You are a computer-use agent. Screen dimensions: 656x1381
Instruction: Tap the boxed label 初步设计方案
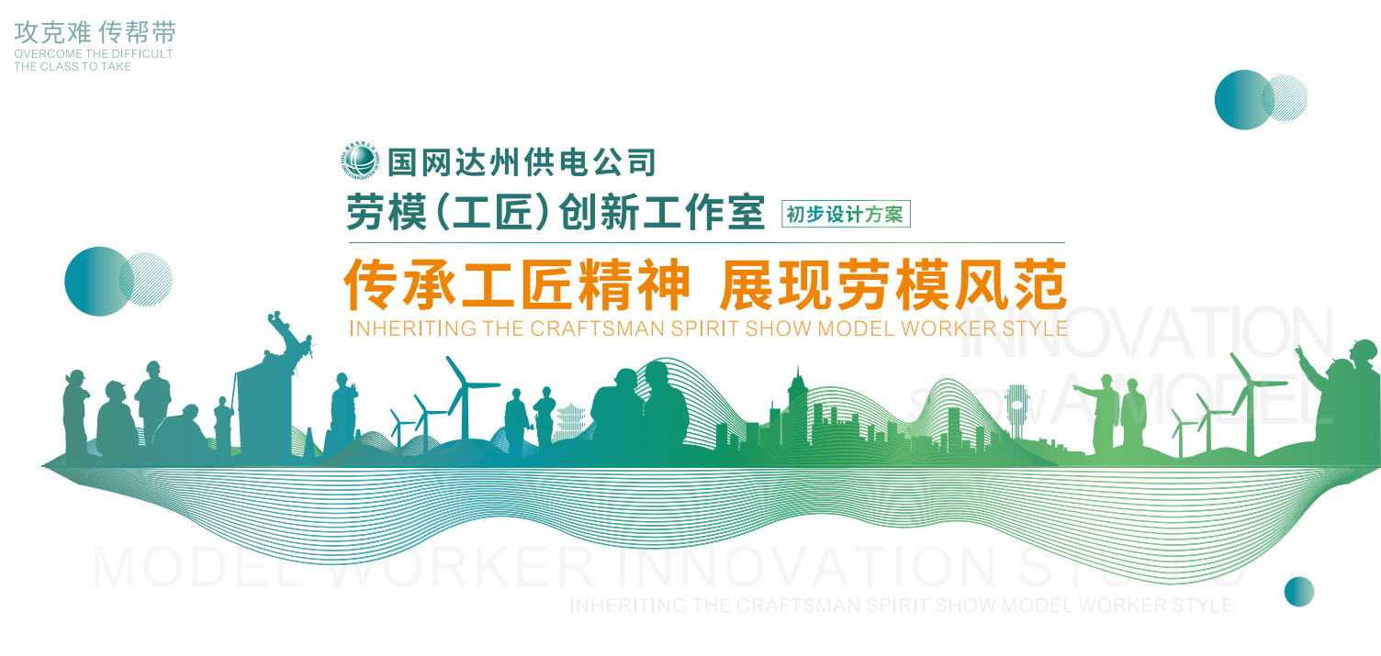845,215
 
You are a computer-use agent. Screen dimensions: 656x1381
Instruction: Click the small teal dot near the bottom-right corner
1298,592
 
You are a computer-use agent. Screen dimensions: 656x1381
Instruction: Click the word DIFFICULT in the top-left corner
138,54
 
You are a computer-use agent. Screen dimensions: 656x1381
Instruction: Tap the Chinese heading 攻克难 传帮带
95,33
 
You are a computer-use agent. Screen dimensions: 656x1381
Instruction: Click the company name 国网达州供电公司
522,161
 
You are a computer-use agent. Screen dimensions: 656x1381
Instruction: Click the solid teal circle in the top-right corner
1242,99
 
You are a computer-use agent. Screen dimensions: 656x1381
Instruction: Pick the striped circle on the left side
146,279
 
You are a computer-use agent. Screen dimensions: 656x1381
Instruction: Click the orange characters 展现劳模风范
893,285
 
